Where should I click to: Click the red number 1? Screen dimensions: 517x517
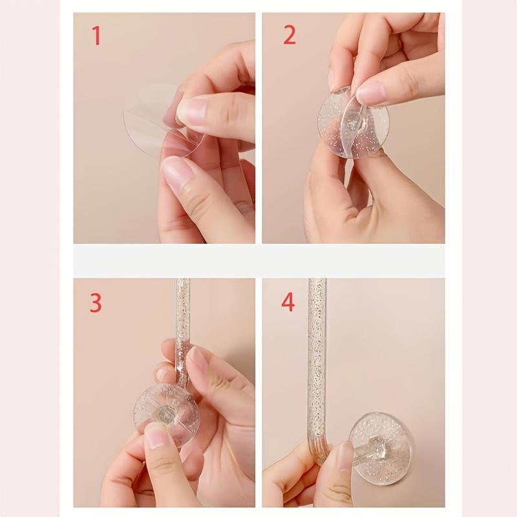tap(96, 35)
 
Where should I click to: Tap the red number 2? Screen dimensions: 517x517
tap(290, 35)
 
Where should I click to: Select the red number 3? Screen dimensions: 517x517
tap(96, 302)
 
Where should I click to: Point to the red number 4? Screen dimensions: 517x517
tap(288, 302)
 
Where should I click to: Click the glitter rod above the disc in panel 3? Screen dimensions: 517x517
tap(183, 323)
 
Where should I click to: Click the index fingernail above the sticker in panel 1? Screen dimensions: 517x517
tap(191, 111)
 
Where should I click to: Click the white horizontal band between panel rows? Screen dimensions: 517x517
tap(258, 260)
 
